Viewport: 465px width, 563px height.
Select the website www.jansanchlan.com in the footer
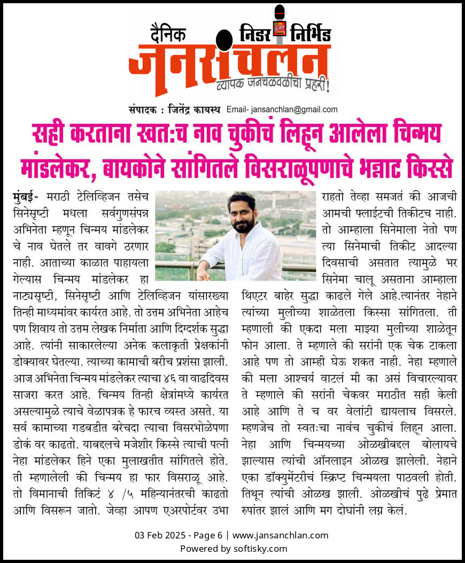pyautogui.click(x=281, y=535)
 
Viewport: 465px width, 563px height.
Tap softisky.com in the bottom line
pyautogui.click(x=260, y=549)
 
